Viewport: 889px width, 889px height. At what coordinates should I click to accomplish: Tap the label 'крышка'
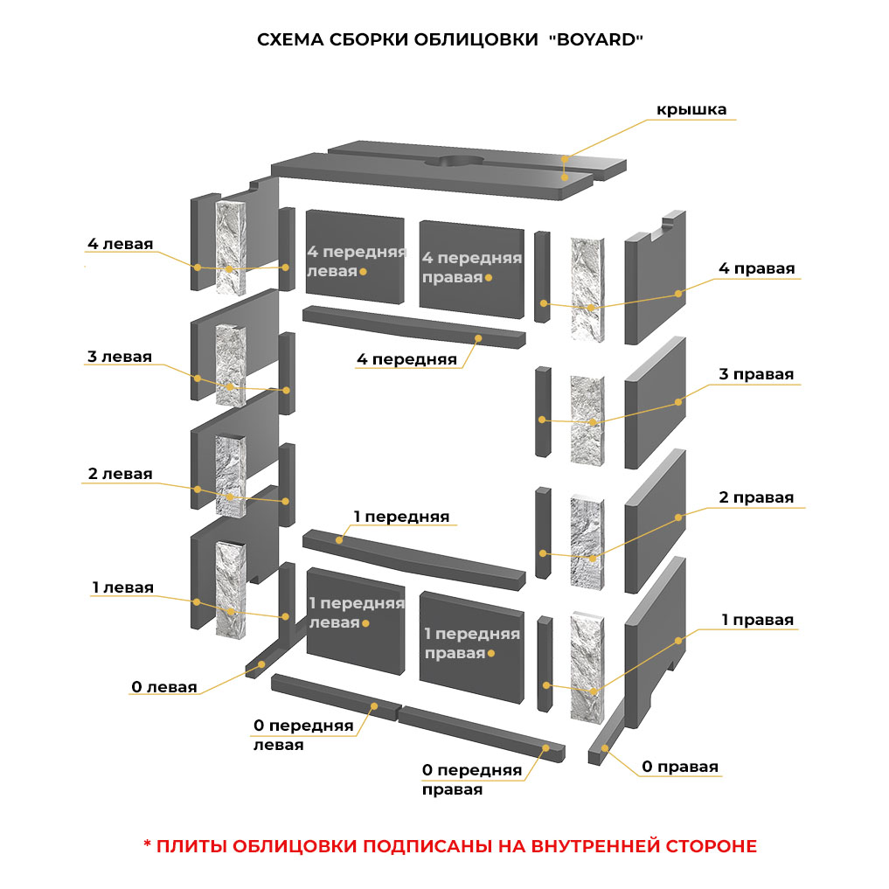click(x=691, y=109)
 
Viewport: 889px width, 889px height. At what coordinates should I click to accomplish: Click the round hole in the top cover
click(x=454, y=162)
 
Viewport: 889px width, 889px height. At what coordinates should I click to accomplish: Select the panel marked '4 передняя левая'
click(x=355, y=257)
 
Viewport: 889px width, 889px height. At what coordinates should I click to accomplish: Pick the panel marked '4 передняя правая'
click(x=472, y=269)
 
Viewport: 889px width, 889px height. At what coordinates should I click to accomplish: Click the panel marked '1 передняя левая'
click(x=356, y=621)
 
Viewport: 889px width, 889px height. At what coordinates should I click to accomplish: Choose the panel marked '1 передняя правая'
click(x=472, y=648)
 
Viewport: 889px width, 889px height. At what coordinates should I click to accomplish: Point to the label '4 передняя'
click(x=406, y=359)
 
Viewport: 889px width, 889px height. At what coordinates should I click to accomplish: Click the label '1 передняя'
click(x=401, y=517)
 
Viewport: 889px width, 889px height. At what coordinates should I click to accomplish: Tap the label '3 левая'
click(x=120, y=357)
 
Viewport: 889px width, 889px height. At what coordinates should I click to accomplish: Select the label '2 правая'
click(x=756, y=497)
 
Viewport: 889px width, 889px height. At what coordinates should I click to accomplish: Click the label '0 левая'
click(x=163, y=686)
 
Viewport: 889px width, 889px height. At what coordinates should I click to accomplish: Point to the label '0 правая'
click(x=680, y=767)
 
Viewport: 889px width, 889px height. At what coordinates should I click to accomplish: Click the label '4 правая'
click(x=756, y=268)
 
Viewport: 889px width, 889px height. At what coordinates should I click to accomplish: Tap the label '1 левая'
click(x=123, y=587)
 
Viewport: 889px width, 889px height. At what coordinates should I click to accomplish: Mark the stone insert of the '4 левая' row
click(x=231, y=247)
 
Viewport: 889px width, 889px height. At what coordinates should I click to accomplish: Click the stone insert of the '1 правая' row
click(x=587, y=667)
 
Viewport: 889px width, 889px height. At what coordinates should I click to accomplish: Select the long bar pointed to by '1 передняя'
click(x=413, y=559)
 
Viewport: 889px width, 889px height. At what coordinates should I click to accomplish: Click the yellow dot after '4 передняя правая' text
click(x=489, y=278)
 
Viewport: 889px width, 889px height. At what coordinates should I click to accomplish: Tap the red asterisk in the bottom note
click(x=147, y=844)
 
